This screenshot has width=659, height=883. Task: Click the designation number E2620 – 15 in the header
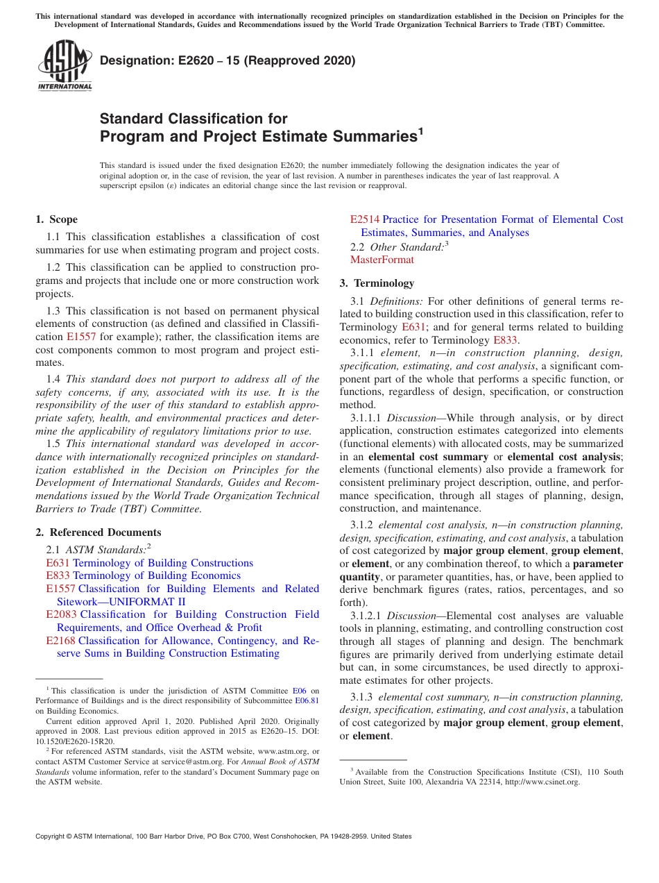click(x=228, y=61)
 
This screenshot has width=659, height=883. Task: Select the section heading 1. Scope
click(x=57, y=219)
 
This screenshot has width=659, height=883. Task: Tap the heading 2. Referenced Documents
click(x=98, y=532)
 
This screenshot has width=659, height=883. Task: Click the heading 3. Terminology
click(x=377, y=283)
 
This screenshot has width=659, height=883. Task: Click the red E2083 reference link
click(x=61, y=615)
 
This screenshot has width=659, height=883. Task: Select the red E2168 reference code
click(x=61, y=641)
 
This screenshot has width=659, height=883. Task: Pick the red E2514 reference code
click(x=364, y=219)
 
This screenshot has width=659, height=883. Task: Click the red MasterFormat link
click(x=382, y=260)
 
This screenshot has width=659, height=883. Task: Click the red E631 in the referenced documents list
click(x=58, y=563)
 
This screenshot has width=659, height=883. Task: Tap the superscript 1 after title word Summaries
click(x=420, y=130)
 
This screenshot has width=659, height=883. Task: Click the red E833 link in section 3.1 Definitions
click(x=504, y=340)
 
